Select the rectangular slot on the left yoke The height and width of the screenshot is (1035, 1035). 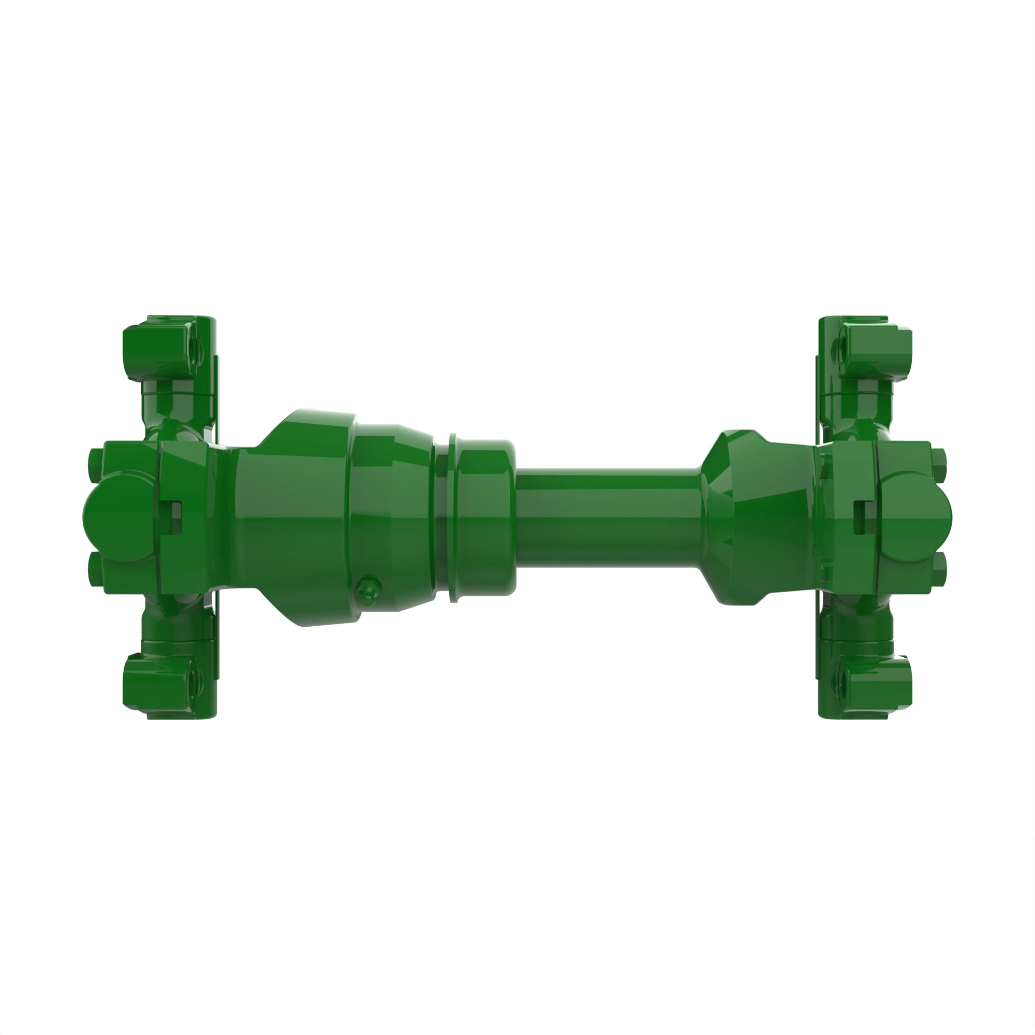pos(176,517)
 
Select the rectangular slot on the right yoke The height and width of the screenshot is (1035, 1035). pos(859,517)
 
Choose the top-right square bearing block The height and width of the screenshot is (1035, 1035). pos(879,348)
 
